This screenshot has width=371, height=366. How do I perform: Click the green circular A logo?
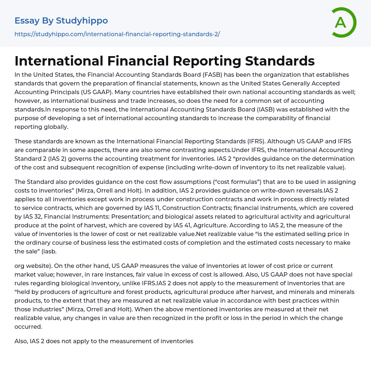[x=343, y=22]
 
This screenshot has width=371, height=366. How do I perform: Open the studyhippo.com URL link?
[x=117, y=34]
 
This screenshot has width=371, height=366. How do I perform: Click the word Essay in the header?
[x=27, y=21]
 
